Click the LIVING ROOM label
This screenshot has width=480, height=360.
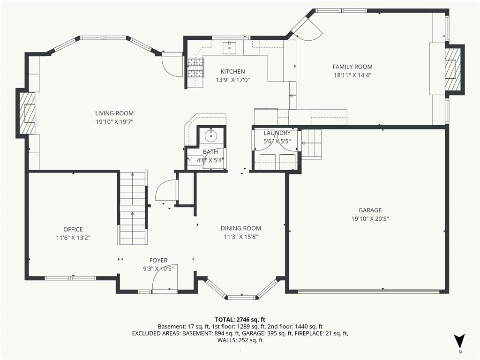coord(114,113)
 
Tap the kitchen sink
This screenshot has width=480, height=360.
coord(229,47)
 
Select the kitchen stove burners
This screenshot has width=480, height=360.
coord(195,68)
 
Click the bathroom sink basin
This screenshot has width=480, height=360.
coord(210,135)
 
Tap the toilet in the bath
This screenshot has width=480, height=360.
coord(195,160)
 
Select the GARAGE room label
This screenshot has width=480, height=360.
coord(370,210)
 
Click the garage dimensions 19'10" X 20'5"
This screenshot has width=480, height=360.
coord(370,219)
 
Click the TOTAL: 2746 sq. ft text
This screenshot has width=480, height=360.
coord(240,320)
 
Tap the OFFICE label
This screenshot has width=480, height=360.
coord(73,229)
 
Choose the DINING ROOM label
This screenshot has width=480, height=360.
coord(241,228)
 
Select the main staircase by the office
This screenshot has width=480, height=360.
coord(133,208)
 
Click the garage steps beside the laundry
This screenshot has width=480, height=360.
coord(311,143)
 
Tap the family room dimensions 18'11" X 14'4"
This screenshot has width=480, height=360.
coord(352,75)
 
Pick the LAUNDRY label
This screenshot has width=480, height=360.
coord(277,133)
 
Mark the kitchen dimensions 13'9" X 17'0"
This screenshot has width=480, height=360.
coord(233,80)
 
